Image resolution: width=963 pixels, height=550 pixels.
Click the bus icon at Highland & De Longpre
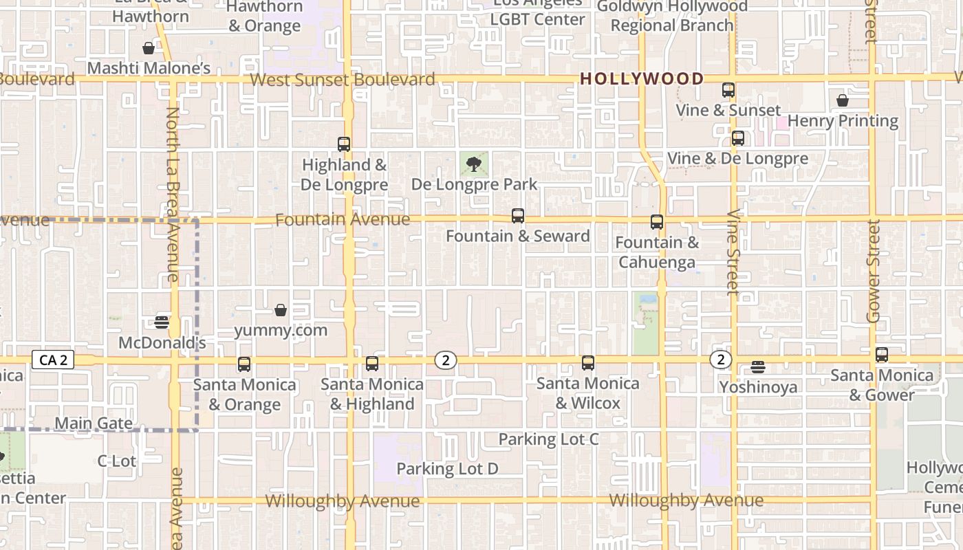click(x=344, y=144)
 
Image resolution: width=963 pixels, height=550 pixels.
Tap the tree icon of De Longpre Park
click(x=473, y=164)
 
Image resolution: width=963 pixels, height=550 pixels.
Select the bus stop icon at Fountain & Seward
click(x=518, y=216)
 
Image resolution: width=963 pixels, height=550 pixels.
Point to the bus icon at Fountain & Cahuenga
click(x=657, y=222)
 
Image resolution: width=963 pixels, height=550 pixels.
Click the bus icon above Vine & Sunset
click(x=728, y=90)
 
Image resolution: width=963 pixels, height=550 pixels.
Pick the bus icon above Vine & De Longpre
click(x=738, y=138)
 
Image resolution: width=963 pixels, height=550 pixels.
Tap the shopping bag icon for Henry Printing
click(x=843, y=101)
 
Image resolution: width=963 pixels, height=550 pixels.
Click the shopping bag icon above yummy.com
click(x=281, y=310)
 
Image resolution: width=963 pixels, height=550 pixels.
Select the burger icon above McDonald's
click(x=162, y=322)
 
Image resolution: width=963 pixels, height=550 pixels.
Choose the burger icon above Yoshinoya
click(x=758, y=367)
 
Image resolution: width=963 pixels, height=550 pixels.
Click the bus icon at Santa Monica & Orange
click(x=244, y=364)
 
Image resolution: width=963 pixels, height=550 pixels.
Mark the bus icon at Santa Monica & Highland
click(x=372, y=364)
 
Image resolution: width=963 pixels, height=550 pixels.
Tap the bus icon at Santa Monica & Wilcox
click(x=588, y=363)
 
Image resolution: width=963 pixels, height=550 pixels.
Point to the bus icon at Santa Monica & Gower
click(x=882, y=355)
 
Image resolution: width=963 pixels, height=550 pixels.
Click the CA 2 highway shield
click(x=53, y=360)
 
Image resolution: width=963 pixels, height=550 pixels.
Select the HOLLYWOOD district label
click(x=642, y=79)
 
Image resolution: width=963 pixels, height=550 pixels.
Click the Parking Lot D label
click(x=447, y=469)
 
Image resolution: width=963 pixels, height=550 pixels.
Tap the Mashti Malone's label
click(x=149, y=68)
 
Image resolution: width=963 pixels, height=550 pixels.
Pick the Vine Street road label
click(x=733, y=253)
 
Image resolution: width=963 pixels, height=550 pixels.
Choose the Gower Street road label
click(x=874, y=272)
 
